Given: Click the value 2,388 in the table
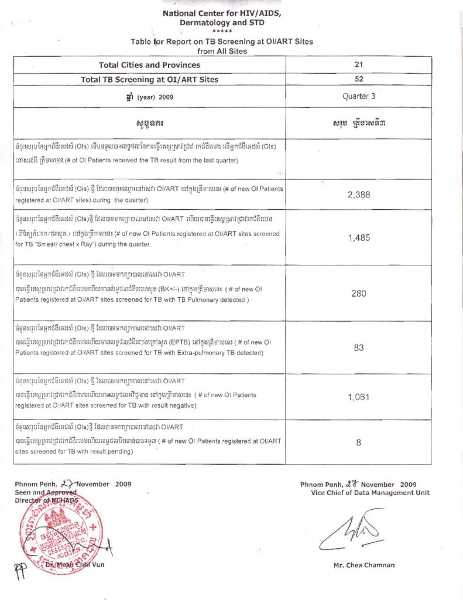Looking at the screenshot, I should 358,195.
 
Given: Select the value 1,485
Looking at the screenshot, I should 358,238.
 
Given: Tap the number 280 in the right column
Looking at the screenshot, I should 358,294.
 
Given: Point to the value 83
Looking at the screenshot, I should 358,348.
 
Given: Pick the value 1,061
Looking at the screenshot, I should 358,397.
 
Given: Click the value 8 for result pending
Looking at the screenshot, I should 358,443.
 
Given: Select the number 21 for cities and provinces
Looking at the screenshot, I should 359,65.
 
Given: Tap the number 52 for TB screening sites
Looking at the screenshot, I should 359,80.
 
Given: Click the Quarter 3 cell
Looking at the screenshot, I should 359,96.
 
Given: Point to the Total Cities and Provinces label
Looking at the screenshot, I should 149,65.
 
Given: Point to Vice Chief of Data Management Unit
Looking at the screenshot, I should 370,493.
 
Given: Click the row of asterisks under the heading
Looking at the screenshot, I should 222,31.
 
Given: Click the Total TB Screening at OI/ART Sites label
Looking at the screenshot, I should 149,80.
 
